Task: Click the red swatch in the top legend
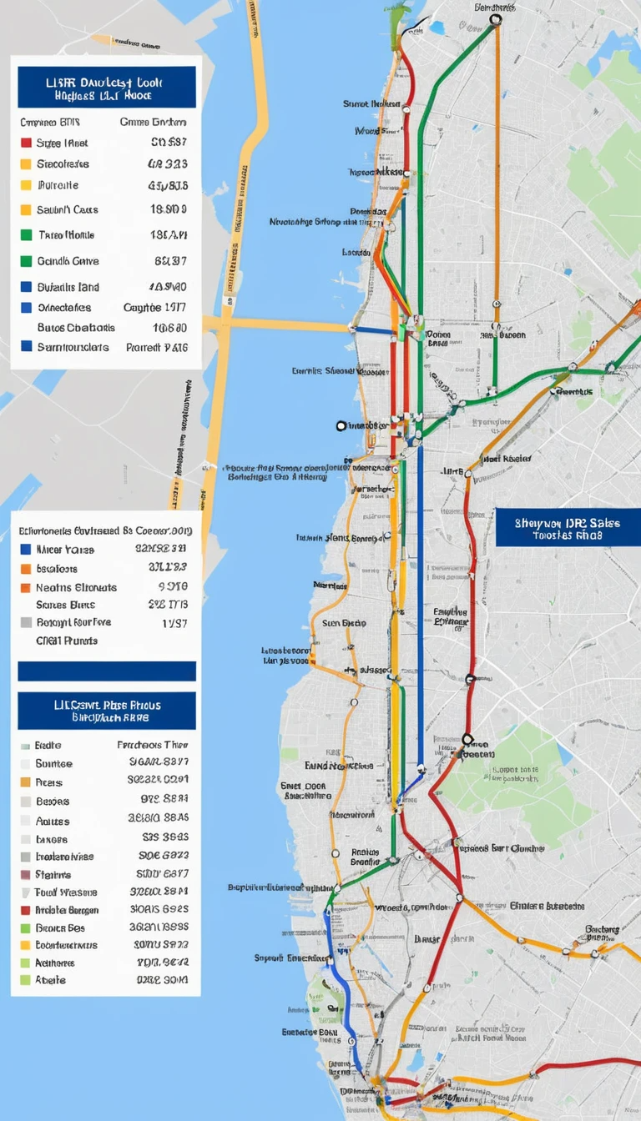click(26, 143)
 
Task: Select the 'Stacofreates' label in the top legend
click(63, 164)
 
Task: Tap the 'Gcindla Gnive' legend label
click(68, 261)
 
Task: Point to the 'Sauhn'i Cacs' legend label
click(68, 209)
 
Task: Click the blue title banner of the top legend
click(105, 88)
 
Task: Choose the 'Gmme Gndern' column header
click(153, 122)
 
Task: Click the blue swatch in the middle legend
click(26, 550)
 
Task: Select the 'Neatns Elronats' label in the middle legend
click(77, 587)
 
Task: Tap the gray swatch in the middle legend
click(26, 622)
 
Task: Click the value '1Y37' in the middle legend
click(175, 622)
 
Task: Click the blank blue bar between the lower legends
click(107, 671)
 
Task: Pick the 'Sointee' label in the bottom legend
click(54, 763)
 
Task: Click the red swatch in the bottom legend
click(26, 910)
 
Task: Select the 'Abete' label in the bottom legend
click(51, 980)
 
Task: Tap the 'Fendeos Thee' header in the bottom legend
click(153, 745)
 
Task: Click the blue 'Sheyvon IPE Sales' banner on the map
click(568, 528)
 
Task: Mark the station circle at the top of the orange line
click(496, 19)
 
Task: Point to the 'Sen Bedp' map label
click(344, 622)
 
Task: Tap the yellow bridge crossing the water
click(275, 323)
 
